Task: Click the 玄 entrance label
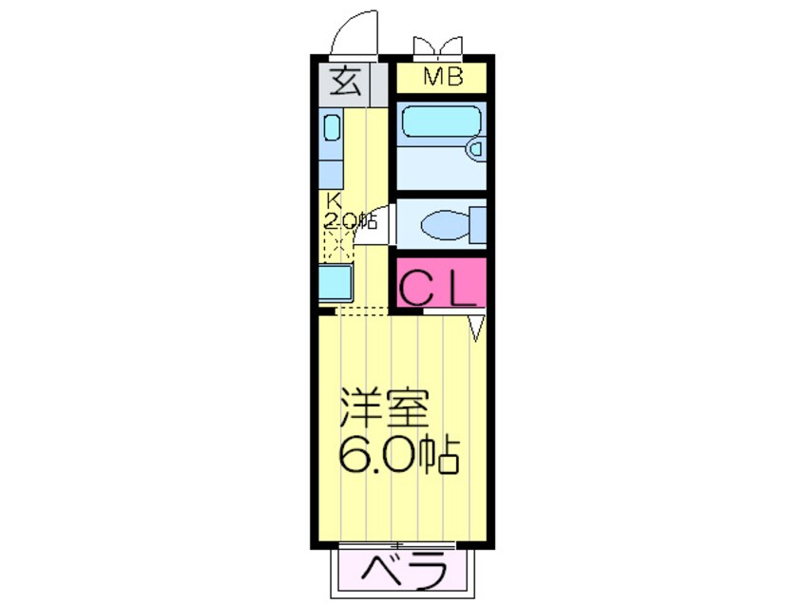pos(346,84)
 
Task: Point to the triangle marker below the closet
pos(477,328)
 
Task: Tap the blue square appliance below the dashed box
pos(336,283)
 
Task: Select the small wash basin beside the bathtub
pos(475,148)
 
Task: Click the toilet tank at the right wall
pos(478,225)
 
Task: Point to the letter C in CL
pos(418,288)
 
